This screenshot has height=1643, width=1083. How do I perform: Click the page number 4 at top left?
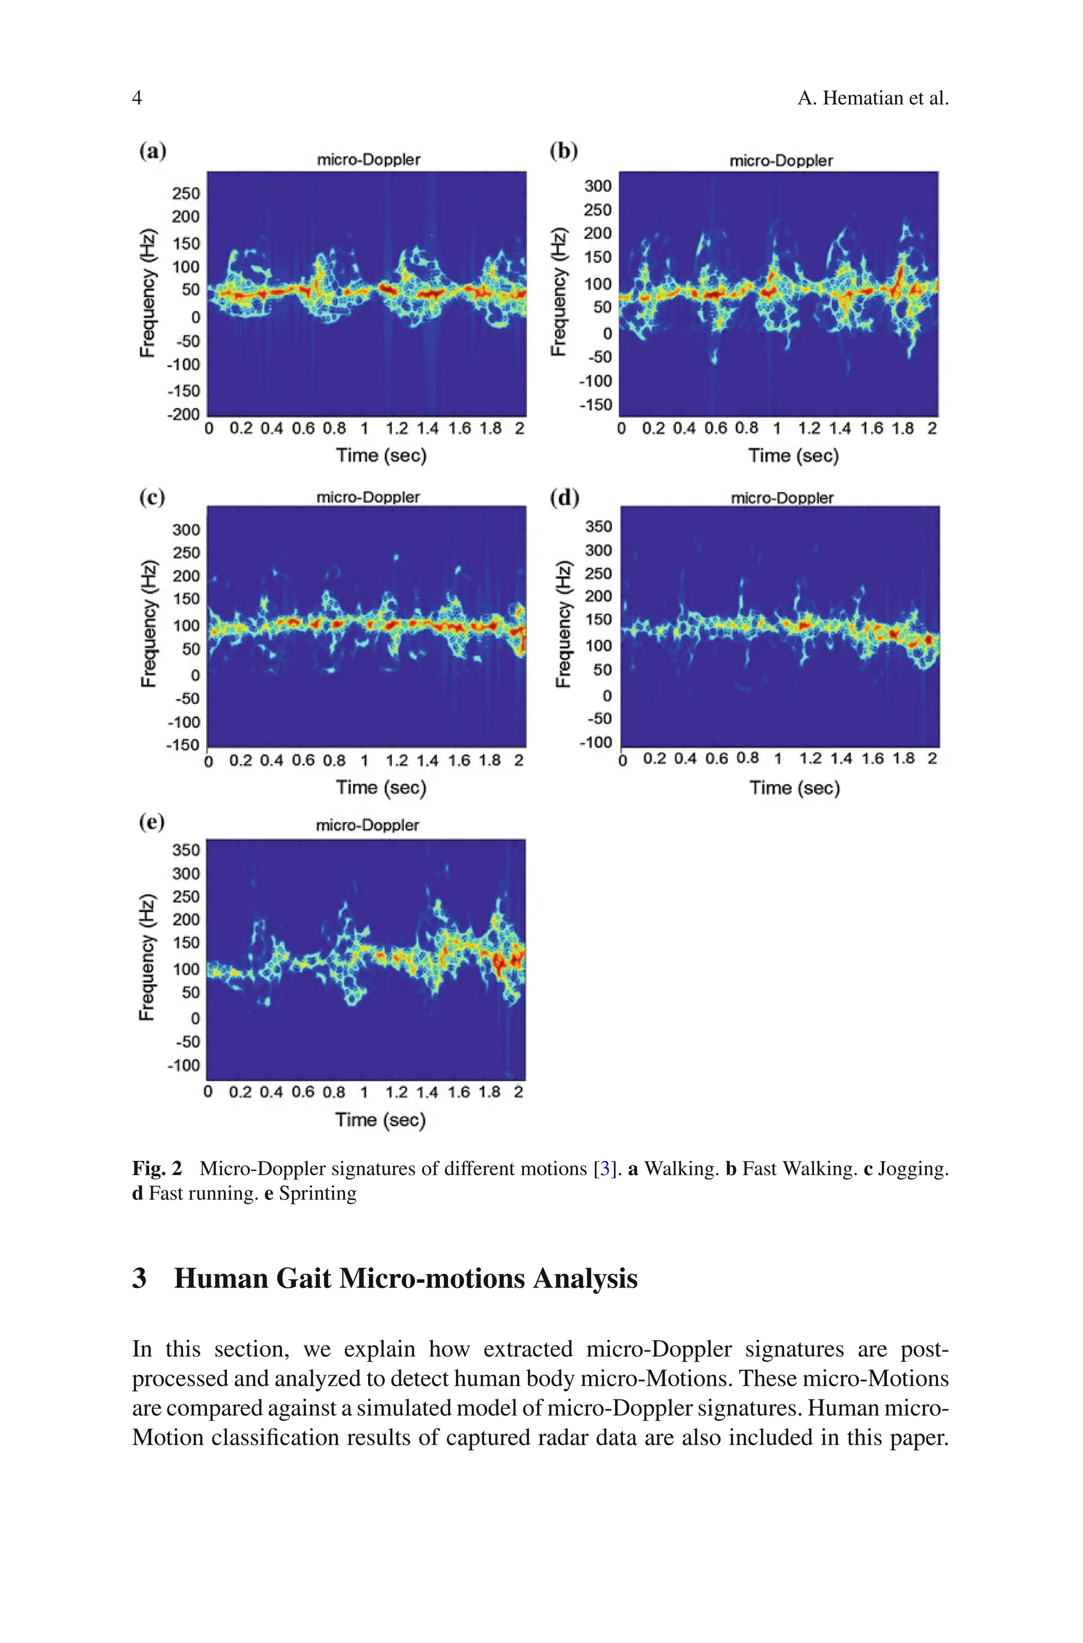click(137, 98)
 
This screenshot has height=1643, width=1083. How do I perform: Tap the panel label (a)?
click(153, 151)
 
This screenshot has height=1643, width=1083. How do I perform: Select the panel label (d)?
click(564, 497)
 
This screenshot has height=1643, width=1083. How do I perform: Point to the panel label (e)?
click(152, 822)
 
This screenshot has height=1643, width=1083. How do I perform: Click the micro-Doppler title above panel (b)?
click(781, 160)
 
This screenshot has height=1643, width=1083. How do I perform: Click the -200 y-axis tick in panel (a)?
click(183, 414)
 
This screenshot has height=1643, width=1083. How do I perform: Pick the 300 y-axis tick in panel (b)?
click(598, 185)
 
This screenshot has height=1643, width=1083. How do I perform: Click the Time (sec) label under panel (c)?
click(381, 788)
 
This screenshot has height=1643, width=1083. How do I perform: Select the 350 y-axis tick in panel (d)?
click(598, 527)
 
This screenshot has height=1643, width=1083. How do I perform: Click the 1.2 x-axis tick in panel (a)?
click(397, 429)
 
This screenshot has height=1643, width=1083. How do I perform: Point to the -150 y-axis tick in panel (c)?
click(182, 745)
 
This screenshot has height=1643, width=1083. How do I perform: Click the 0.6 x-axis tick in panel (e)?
click(302, 1092)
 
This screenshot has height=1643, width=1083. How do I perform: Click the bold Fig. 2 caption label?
click(157, 1169)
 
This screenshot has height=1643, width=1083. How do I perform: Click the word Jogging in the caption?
click(913, 1169)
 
